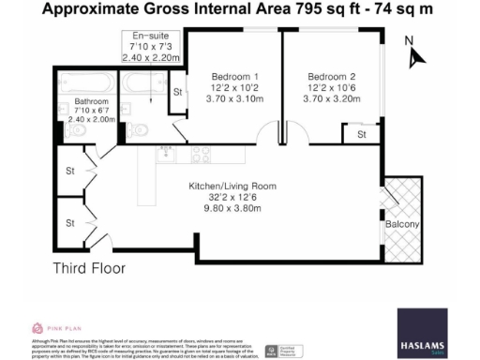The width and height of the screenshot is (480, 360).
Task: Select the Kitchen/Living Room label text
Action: pos(232,187)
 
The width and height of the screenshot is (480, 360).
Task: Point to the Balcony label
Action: pos(400,226)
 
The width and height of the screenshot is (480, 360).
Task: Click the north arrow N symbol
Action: pos(409,41)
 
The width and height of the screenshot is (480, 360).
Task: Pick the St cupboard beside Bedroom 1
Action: pos(176,92)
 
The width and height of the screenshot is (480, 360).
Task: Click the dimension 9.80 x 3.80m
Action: pos(232,211)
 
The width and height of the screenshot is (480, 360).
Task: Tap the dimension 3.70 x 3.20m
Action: pos(334,98)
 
